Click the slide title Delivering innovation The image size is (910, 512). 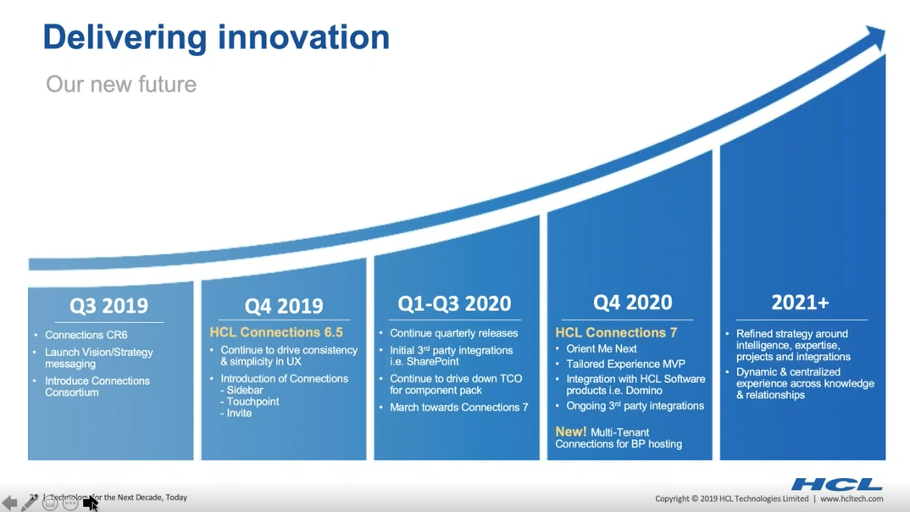point(216,37)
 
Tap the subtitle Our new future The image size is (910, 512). point(121,84)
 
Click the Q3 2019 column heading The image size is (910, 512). point(108,305)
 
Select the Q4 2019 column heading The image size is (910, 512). point(284,306)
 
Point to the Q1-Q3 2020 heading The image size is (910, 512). point(454,303)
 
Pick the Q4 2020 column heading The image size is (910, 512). point(632,303)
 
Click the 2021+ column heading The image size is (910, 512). point(800,303)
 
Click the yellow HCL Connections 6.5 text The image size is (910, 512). point(276,332)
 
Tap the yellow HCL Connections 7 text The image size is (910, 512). point(616,332)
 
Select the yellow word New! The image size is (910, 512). point(571,431)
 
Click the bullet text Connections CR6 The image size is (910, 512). point(86,335)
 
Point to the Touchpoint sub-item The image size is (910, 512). point(252,402)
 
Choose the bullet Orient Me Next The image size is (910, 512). point(601,348)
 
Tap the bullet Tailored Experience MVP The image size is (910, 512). point(625,364)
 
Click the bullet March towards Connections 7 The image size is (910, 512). point(458,408)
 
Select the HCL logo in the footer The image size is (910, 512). point(836,485)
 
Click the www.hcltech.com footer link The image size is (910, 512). point(851,499)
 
